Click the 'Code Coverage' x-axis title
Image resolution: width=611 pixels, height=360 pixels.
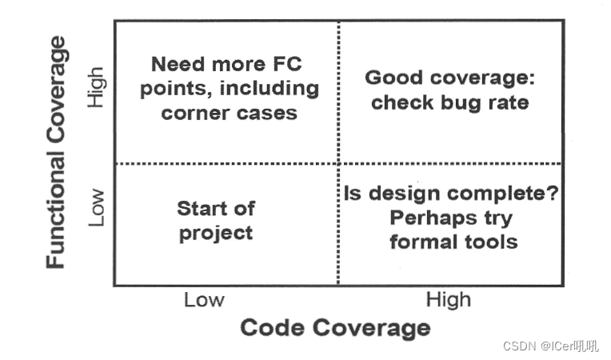click(x=335, y=328)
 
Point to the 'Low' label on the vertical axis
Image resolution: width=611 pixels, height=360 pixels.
click(x=97, y=207)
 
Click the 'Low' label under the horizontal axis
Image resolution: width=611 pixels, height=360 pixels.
click(x=204, y=300)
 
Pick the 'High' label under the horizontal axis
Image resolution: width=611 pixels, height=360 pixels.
click(x=448, y=300)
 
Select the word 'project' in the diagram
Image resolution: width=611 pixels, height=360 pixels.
click(x=216, y=233)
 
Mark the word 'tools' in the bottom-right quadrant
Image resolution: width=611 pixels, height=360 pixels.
click(x=492, y=241)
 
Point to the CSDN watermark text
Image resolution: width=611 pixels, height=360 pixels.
click(x=549, y=346)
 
